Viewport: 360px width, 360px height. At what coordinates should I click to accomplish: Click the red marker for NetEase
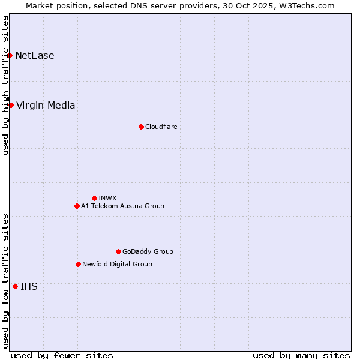coord(10,56)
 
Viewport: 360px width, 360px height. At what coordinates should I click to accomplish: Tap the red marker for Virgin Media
coord(11,106)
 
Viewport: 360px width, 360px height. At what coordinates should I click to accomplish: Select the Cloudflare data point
coord(141,127)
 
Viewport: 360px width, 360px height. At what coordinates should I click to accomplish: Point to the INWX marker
coord(94,198)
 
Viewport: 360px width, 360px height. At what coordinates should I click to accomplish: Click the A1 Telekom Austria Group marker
coord(77,206)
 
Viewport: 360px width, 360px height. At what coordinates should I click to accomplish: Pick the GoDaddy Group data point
coord(118,251)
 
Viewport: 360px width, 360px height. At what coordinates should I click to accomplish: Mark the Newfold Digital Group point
coord(78,264)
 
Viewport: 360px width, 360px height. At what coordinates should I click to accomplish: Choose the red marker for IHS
coord(15,286)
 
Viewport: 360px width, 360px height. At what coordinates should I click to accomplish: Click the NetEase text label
coord(35,56)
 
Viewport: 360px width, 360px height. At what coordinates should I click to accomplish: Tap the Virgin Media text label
coord(46,106)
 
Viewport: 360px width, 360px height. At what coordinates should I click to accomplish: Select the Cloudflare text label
coord(161,127)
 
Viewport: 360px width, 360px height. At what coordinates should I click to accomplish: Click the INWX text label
coord(107,198)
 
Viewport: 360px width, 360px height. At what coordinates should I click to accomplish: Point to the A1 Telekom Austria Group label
coord(122,206)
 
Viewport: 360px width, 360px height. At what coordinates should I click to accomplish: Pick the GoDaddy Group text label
coord(148,251)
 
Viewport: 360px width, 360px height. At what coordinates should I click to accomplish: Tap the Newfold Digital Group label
coord(117,264)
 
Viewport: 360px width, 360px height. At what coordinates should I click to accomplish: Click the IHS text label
coord(29,287)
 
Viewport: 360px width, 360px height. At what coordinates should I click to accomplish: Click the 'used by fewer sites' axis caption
coord(62,355)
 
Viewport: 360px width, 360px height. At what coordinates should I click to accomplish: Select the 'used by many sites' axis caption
coord(301,355)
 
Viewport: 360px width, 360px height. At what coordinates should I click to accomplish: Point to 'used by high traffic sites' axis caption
coord(6,85)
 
